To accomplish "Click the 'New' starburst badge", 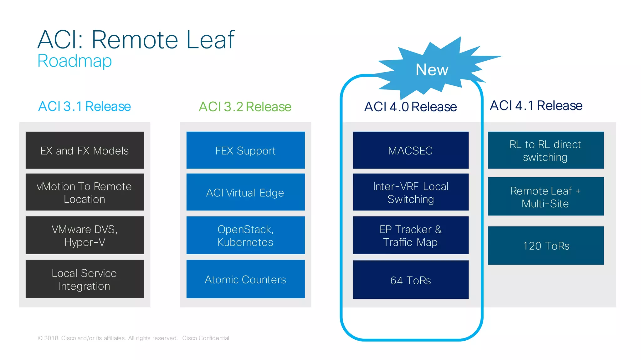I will (x=432, y=69).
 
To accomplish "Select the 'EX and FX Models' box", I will (x=85, y=150).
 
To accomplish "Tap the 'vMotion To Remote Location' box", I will (x=85, y=192).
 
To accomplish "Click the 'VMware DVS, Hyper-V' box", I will (x=85, y=235).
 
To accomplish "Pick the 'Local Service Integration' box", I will (x=85, y=279).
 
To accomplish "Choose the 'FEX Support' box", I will (x=245, y=150).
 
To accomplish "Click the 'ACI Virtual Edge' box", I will (x=245, y=192).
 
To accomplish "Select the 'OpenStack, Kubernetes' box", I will (x=245, y=235).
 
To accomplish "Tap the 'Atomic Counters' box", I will (x=245, y=279).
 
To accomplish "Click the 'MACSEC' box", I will (x=411, y=150).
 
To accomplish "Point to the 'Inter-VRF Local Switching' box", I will (x=411, y=192).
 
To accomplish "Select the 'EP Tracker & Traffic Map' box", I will (x=411, y=235).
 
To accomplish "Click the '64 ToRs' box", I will (x=411, y=280).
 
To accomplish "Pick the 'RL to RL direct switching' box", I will (x=546, y=150).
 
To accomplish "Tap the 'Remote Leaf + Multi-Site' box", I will (x=546, y=196).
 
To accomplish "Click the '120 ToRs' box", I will (x=546, y=246).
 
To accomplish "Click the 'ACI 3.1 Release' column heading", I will (x=85, y=106).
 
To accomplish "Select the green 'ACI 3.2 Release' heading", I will (x=245, y=107).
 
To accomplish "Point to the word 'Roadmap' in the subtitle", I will (x=74, y=61).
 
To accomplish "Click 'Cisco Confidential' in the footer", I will (x=205, y=338).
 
